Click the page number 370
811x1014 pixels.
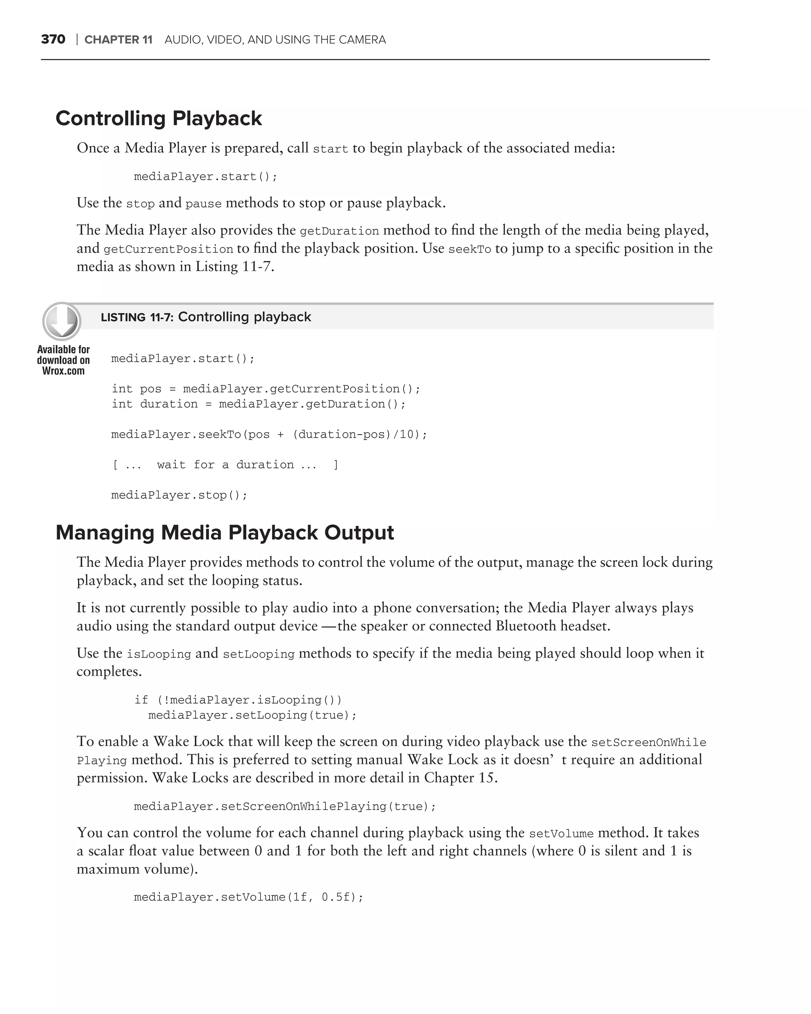53,39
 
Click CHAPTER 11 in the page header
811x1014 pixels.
118,40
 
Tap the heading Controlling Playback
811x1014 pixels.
158,118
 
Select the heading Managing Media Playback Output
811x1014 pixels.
225,532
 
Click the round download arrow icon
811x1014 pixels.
62,321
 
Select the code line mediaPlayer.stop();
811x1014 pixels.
179,495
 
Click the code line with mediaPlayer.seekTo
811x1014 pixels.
269,434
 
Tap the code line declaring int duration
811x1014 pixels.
259,404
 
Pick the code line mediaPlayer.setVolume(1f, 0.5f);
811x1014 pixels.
249,898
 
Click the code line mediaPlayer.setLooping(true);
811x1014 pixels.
253,715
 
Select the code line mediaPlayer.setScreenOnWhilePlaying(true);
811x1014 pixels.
285,806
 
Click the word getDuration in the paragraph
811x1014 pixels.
339,231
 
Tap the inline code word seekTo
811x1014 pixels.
469,249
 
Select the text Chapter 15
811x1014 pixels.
460,778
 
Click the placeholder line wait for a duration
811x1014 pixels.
225,465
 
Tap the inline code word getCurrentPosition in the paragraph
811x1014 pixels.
168,249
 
